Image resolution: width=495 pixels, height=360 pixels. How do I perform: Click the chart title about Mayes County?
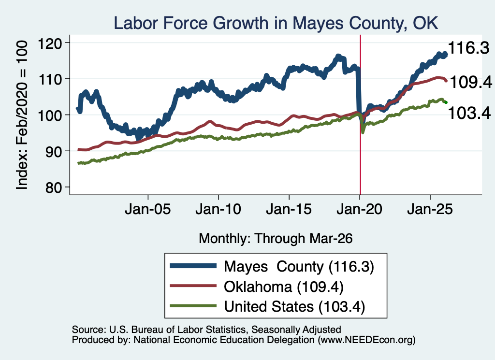[x=276, y=24]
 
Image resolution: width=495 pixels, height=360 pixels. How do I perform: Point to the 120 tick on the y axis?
[x=49, y=43]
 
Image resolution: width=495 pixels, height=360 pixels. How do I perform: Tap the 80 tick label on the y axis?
[x=53, y=187]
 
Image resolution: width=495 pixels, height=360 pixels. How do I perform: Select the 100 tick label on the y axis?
[x=49, y=115]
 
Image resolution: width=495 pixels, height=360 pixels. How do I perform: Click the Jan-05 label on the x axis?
[x=148, y=209]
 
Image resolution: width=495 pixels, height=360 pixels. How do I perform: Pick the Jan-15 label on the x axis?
[x=289, y=209]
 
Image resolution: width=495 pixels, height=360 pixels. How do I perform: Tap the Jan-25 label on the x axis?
[x=430, y=209]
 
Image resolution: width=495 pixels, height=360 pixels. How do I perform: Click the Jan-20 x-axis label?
[x=360, y=209]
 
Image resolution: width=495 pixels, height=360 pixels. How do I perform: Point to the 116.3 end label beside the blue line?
[x=468, y=48]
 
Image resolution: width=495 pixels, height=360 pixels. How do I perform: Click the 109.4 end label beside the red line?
[x=471, y=83]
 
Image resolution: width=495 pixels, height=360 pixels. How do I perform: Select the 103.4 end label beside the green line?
[x=469, y=113]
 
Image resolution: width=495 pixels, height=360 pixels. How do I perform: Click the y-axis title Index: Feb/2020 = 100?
[x=22, y=115]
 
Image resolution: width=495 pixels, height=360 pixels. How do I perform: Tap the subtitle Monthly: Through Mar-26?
[x=276, y=238]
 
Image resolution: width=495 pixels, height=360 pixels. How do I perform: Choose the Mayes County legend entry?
[x=272, y=266]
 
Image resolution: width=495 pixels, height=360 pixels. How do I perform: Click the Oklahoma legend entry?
[x=256, y=287]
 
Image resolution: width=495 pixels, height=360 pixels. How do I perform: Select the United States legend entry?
[x=267, y=306]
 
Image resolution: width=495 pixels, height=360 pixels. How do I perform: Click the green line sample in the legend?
[x=193, y=306]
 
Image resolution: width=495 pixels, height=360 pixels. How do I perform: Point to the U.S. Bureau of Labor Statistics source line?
[x=206, y=330]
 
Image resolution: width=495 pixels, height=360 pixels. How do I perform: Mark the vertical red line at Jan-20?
[x=360, y=115]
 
